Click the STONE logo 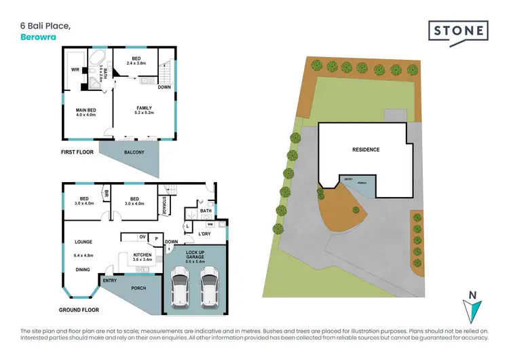click(x=458, y=31)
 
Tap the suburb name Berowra click(x=37, y=37)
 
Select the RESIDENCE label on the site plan click(x=365, y=149)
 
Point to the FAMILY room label click(x=143, y=107)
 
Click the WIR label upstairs click(x=75, y=69)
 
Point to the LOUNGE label click(x=82, y=241)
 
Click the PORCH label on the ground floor click(x=138, y=288)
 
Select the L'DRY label click(x=204, y=234)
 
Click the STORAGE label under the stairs click(x=164, y=204)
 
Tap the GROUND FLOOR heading click(x=79, y=310)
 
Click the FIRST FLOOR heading click(x=77, y=153)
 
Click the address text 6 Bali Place click(x=45, y=26)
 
